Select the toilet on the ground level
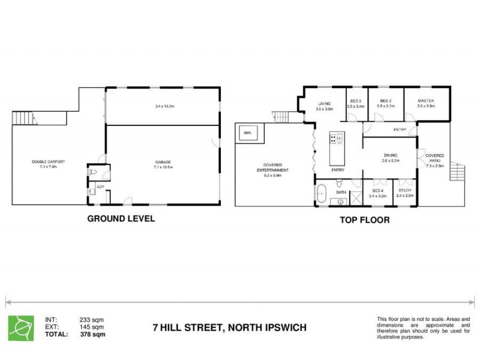tap(92, 171)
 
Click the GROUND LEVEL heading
tap(121, 218)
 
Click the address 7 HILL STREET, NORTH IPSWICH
tap(229, 328)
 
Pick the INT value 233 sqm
tap(92, 320)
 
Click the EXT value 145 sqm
tap(92, 327)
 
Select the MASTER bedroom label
tap(426, 100)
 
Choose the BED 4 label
tap(376, 191)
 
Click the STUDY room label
tap(404, 191)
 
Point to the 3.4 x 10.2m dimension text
tap(164, 106)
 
